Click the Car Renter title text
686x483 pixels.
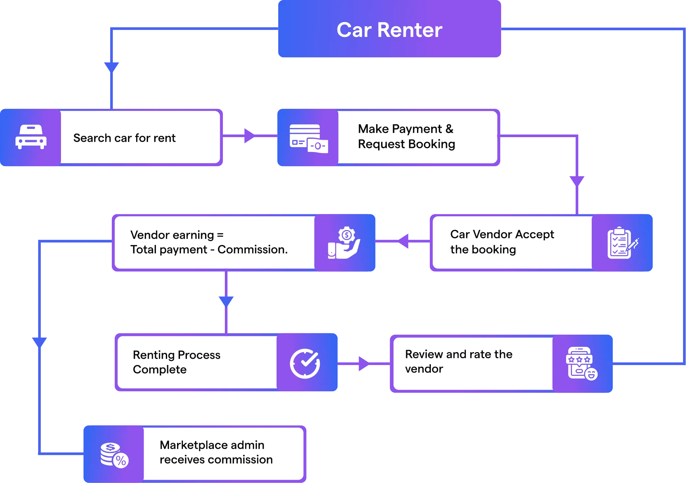(389, 30)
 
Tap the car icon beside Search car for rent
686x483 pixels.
(31, 137)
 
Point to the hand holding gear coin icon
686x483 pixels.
(344, 243)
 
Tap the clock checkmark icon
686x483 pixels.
(305, 363)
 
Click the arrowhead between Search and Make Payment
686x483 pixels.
(249, 136)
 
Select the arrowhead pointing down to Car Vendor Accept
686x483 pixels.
(577, 180)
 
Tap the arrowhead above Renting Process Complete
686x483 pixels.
(226, 301)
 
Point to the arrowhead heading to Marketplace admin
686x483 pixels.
(40, 341)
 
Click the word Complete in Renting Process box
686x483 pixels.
(160, 370)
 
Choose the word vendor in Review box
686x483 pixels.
(424, 369)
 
